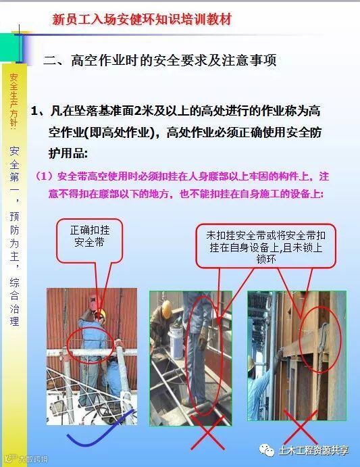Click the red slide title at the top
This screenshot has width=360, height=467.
pos(142,20)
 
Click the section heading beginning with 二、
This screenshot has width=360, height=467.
pos(160,60)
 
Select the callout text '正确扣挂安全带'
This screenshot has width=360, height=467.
pos(90,236)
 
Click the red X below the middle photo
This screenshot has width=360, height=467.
pos(207,433)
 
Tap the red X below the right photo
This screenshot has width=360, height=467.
pos(300,427)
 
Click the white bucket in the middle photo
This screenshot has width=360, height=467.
pos(176,338)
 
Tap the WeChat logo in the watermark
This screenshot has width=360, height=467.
pos(267,450)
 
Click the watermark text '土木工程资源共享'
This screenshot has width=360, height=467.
pos(313,450)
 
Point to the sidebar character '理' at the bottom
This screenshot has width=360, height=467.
pos(14,321)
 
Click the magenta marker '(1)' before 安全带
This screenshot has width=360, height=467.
pos(45,176)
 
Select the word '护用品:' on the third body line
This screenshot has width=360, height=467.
pos(68,153)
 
